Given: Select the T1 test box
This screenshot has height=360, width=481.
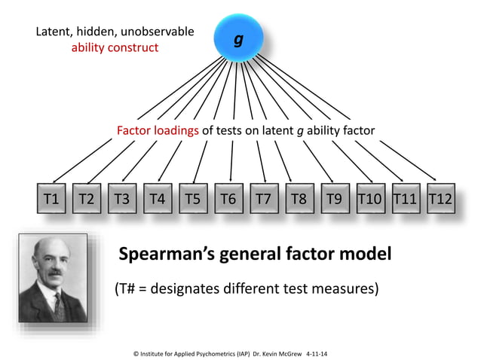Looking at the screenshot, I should click(x=51, y=200).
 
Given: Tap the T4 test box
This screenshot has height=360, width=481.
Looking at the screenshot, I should click(x=157, y=200).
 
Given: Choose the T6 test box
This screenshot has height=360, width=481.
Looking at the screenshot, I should click(x=228, y=200).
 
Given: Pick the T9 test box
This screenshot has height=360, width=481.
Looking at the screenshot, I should click(x=333, y=200).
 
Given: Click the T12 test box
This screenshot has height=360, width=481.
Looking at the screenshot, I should click(x=440, y=200).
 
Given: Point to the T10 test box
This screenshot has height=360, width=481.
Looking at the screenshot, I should click(x=369, y=200).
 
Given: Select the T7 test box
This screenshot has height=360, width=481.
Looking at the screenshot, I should click(x=263, y=200).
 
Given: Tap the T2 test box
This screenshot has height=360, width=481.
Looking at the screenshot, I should click(x=87, y=200).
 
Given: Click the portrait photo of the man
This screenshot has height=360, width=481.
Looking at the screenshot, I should click(x=53, y=279).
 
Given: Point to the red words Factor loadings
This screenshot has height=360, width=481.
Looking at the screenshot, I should click(x=158, y=130).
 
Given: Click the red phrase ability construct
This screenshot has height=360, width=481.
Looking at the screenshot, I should click(x=115, y=47).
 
